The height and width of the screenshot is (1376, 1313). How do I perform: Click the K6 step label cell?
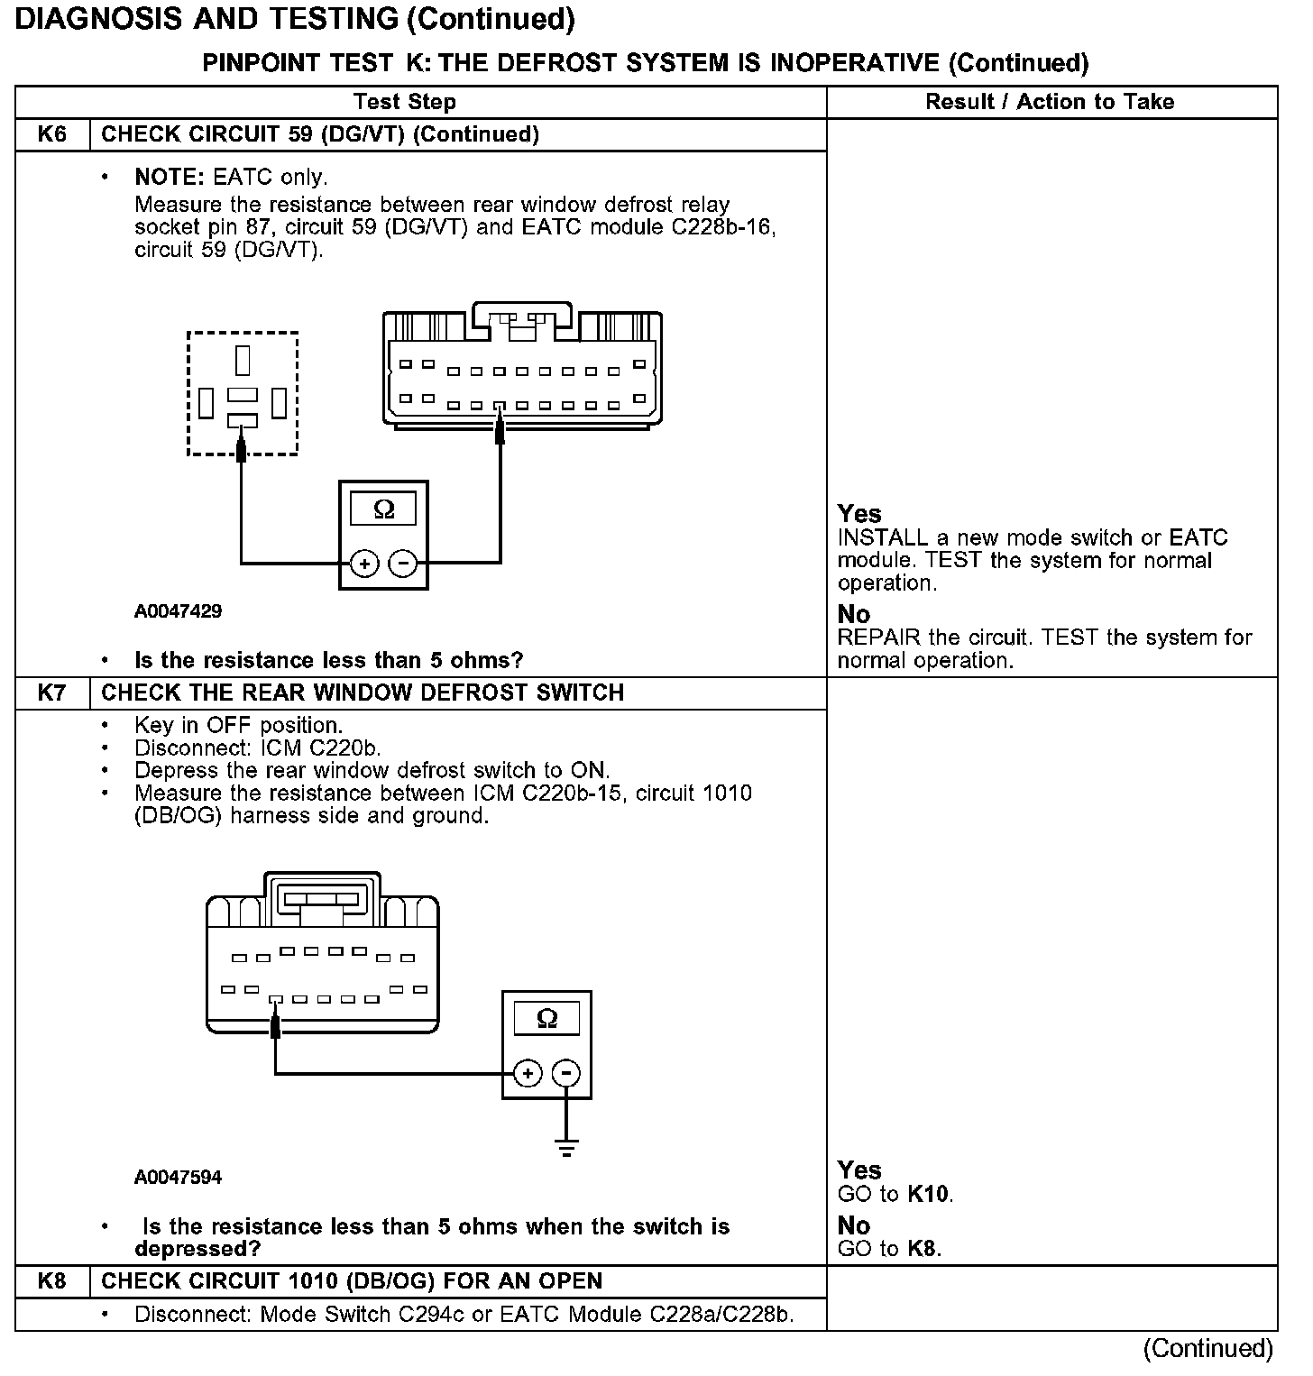[x=52, y=135]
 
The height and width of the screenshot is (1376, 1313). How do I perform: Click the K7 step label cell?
[x=52, y=693]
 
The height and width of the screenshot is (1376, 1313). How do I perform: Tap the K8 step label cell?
[x=52, y=1281]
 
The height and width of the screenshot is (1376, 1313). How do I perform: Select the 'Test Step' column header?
[x=405, y=102]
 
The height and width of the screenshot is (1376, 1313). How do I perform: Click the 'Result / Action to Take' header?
[x=1050, y=102]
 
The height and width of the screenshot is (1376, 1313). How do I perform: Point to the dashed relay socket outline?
[x=243, y=393]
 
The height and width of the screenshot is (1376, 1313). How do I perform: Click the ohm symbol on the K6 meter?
[x=383, y=510]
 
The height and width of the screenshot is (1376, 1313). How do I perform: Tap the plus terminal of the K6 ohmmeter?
[x=364, y=564]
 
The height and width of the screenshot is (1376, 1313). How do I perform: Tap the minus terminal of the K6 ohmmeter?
[x=402, y=564]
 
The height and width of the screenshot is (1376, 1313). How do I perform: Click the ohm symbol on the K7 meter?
[x=546, y=1019]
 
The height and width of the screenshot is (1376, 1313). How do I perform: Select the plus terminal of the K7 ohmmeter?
[x=528, y=1073]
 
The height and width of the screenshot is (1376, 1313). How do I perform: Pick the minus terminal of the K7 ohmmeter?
[x=566, y=1073]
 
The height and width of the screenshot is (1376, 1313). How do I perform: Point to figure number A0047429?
[x=178, y=611]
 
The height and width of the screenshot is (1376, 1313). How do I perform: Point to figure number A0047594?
[x=178, y=1178]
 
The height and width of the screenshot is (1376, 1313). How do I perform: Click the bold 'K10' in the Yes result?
[x=929, y=1195]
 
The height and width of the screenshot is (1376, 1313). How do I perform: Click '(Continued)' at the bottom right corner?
[x=1207, y=1349]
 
